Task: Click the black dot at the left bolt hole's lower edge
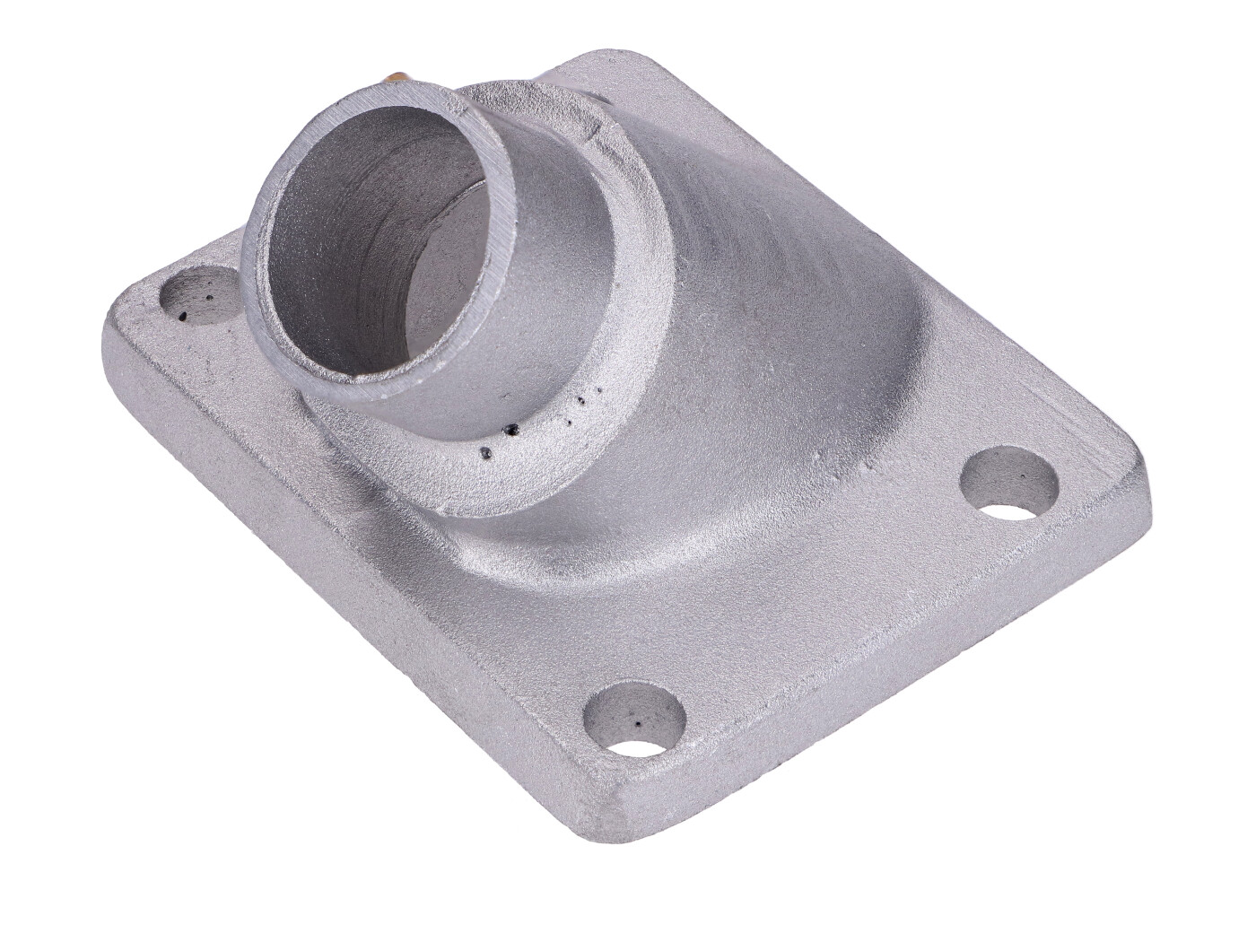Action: tap(183, 314)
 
